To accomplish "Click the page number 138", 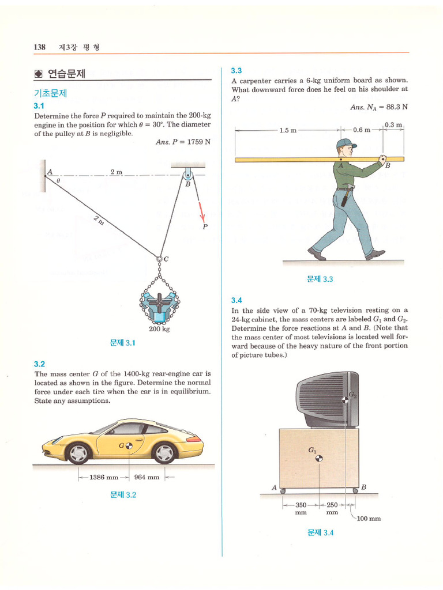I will (40, 47).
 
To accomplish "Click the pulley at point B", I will (187, 175).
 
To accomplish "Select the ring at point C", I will (159, 259).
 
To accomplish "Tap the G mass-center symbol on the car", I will (129, 446).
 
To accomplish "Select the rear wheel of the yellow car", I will (164, 452).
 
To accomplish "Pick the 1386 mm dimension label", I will (104, 478).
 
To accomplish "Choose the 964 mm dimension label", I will (147, 478).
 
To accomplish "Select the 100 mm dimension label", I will (369, 519).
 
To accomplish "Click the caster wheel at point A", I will (283, 491).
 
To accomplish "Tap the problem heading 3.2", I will (39, 364).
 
